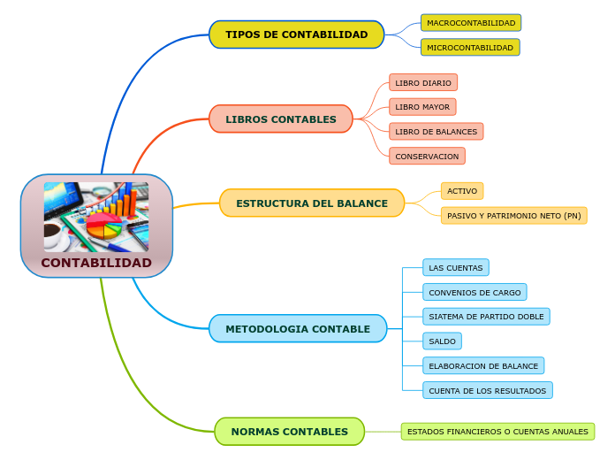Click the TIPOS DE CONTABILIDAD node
296,34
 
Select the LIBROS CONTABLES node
281,119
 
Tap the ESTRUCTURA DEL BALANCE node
312,203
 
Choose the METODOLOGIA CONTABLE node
298,328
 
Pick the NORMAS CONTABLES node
289,431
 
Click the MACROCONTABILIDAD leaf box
471,23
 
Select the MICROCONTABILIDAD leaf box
470,47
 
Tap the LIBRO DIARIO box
423,83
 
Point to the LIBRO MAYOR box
422,107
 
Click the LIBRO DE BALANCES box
436,132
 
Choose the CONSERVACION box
427,157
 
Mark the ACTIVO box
462,191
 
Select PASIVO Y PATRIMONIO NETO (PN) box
513,215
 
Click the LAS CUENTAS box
455,267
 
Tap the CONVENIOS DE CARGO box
475,292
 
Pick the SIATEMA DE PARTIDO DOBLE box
486,317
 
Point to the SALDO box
442,341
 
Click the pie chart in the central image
103,226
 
